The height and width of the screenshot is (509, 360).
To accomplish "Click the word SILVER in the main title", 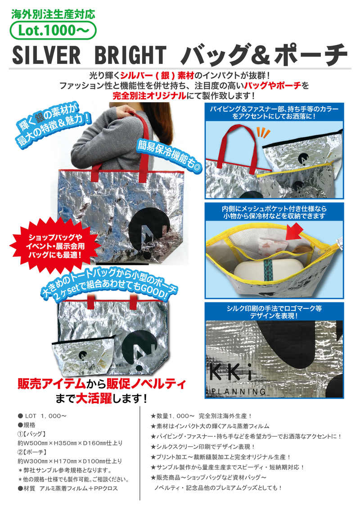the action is coord(46,55).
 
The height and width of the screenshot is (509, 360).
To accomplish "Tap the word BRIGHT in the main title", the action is coord(130,55).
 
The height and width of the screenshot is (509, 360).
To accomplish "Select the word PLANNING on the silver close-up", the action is coord(238,392).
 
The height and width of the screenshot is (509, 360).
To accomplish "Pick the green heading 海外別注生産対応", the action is coord(53,14).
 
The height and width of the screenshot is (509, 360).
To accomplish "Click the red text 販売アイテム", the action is coord(52,384).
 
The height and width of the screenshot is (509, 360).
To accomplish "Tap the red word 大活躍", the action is coord(94,398).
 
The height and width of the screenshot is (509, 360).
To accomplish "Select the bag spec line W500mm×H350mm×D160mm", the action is coord(70,443).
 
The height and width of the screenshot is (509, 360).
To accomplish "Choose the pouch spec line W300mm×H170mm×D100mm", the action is coord(70,461).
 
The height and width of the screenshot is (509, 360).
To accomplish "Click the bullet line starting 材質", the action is coord(68,488).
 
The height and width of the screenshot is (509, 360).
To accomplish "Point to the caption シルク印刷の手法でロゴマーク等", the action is coord(274,308).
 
